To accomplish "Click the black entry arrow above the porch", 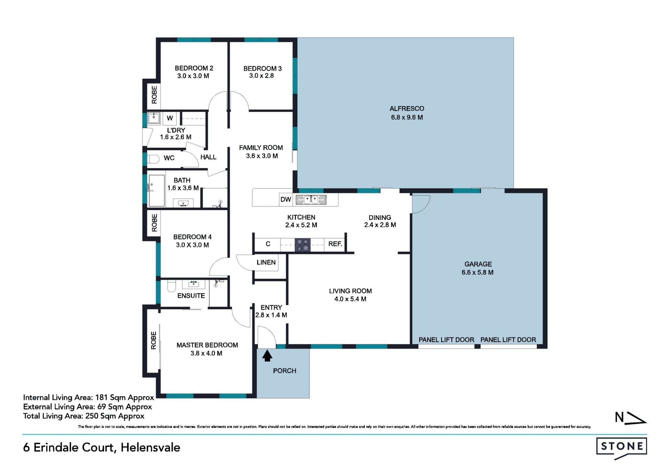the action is pos(267,356).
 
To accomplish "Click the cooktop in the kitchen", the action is pos(302,244).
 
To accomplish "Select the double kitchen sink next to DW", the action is pos(311,200).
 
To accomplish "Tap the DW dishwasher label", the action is pos(286,199).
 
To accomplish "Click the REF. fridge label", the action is pos(335,244).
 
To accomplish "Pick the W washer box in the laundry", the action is pos(170,118).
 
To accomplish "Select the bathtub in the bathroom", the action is pos(156,191).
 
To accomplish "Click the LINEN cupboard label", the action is pos(266,262).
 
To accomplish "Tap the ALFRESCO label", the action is pos(407,109).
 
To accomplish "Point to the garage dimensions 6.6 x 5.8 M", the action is pos(478,273).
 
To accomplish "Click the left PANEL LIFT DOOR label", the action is pos(446,340).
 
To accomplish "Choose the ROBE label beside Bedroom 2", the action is pos(154,94).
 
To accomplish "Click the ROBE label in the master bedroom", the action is pos(154,340).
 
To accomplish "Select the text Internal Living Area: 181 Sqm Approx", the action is pos(89,398).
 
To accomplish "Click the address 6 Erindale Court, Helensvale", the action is pos(102,448).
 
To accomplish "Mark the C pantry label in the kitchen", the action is pos(268,244).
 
